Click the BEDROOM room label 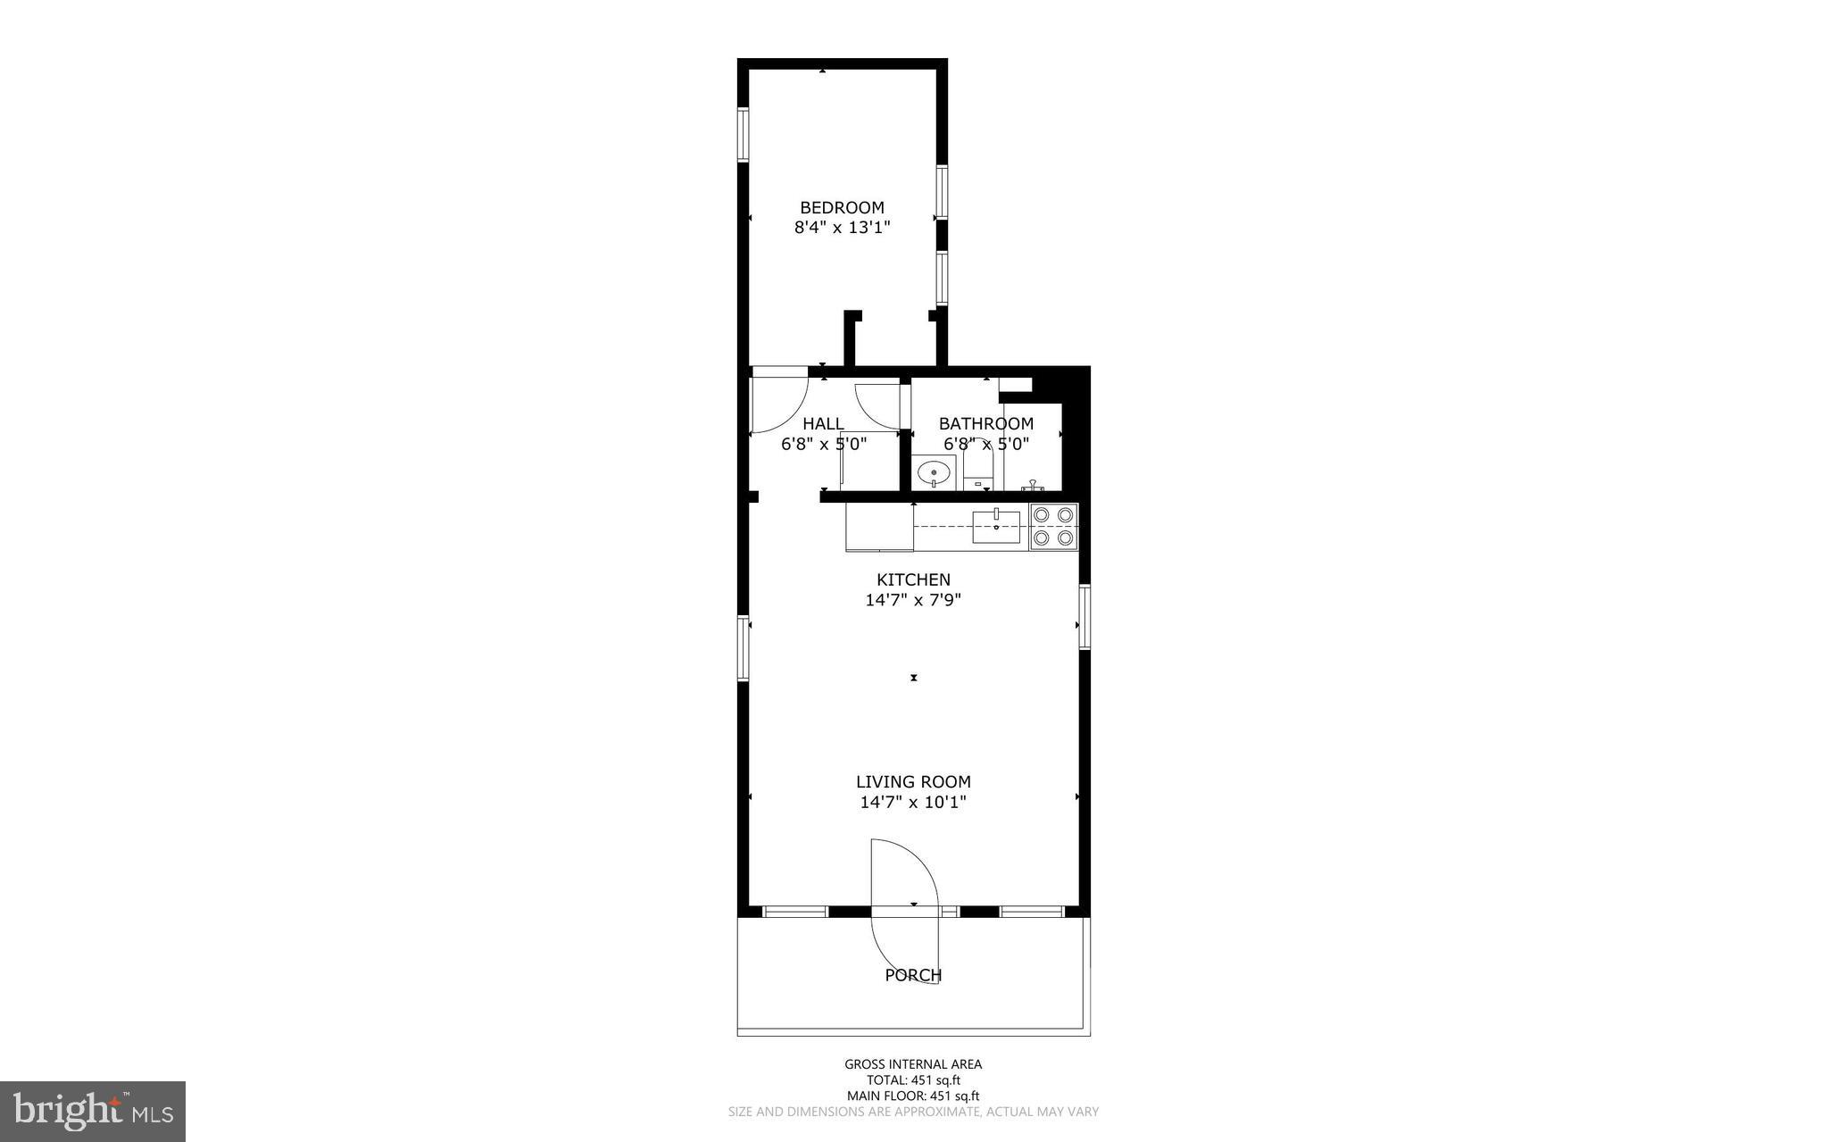point(842,208)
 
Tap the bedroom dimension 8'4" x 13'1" point(842,228)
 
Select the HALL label point(823,423)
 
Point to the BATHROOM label point(985,423)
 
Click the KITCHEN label point(913,579)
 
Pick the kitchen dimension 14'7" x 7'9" point(913,600)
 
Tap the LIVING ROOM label point(913,781)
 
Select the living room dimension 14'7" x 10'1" point(913,802)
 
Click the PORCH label point(913,975)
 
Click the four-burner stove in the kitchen point(1053,526)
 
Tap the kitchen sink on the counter point(996,527)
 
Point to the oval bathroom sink point(934,471)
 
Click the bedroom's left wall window point(743,134)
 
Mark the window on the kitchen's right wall point(1084,616)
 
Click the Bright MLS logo point(93,1111)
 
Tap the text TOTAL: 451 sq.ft point(913,1080)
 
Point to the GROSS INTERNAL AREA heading point(913,1063)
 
